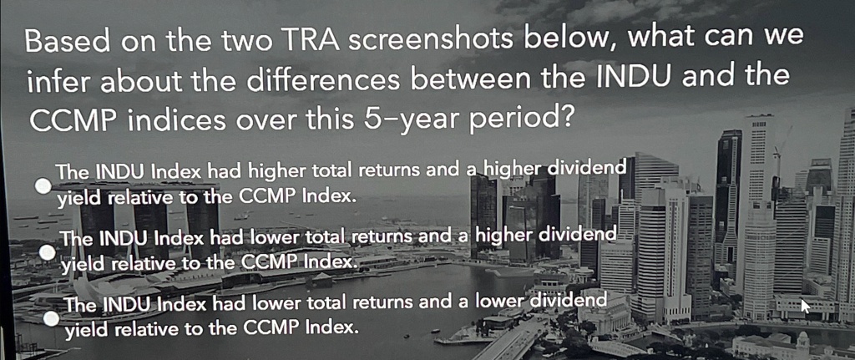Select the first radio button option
[x=43, y=186]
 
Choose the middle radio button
[x=48, y=252]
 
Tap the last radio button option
[x=51, y=319]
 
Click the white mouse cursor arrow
[x=805, y=305]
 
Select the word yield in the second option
[x=81, y=265]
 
